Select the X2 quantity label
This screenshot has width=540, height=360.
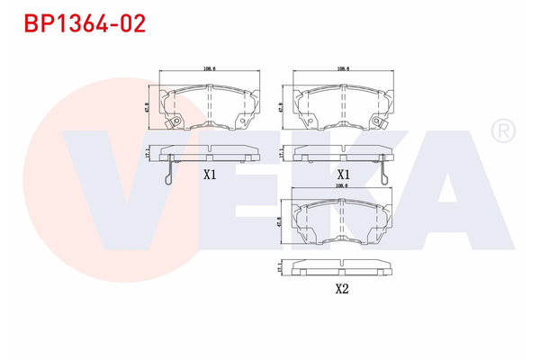coord(341,289)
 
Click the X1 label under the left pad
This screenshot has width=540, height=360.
coord(210,175)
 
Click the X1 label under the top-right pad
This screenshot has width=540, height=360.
coord(343,175)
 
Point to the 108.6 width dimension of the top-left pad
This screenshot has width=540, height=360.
coord(209,68)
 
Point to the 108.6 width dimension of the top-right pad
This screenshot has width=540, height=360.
coord(343,68)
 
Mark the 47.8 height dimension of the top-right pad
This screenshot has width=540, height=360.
coord(282,105)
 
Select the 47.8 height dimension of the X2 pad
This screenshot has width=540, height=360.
coord(281,220)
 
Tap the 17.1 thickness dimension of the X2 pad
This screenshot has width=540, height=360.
coord(281,268)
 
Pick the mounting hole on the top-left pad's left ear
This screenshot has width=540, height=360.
coord(177,123)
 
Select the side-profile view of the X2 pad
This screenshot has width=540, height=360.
coord(341,268)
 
